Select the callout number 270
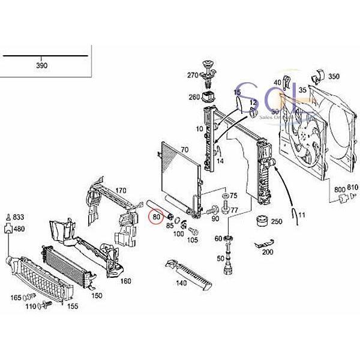[192, 75]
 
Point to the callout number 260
[194, 97]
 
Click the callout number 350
[334, 77]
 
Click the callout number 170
[121, 191]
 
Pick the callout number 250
[276, 221]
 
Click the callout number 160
[125, 281]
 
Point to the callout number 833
[19, 217]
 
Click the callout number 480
[19, 229]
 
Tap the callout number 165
[16, 298]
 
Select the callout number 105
[192, 240]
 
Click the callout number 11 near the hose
[301, 215]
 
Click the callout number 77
[235, 210]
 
